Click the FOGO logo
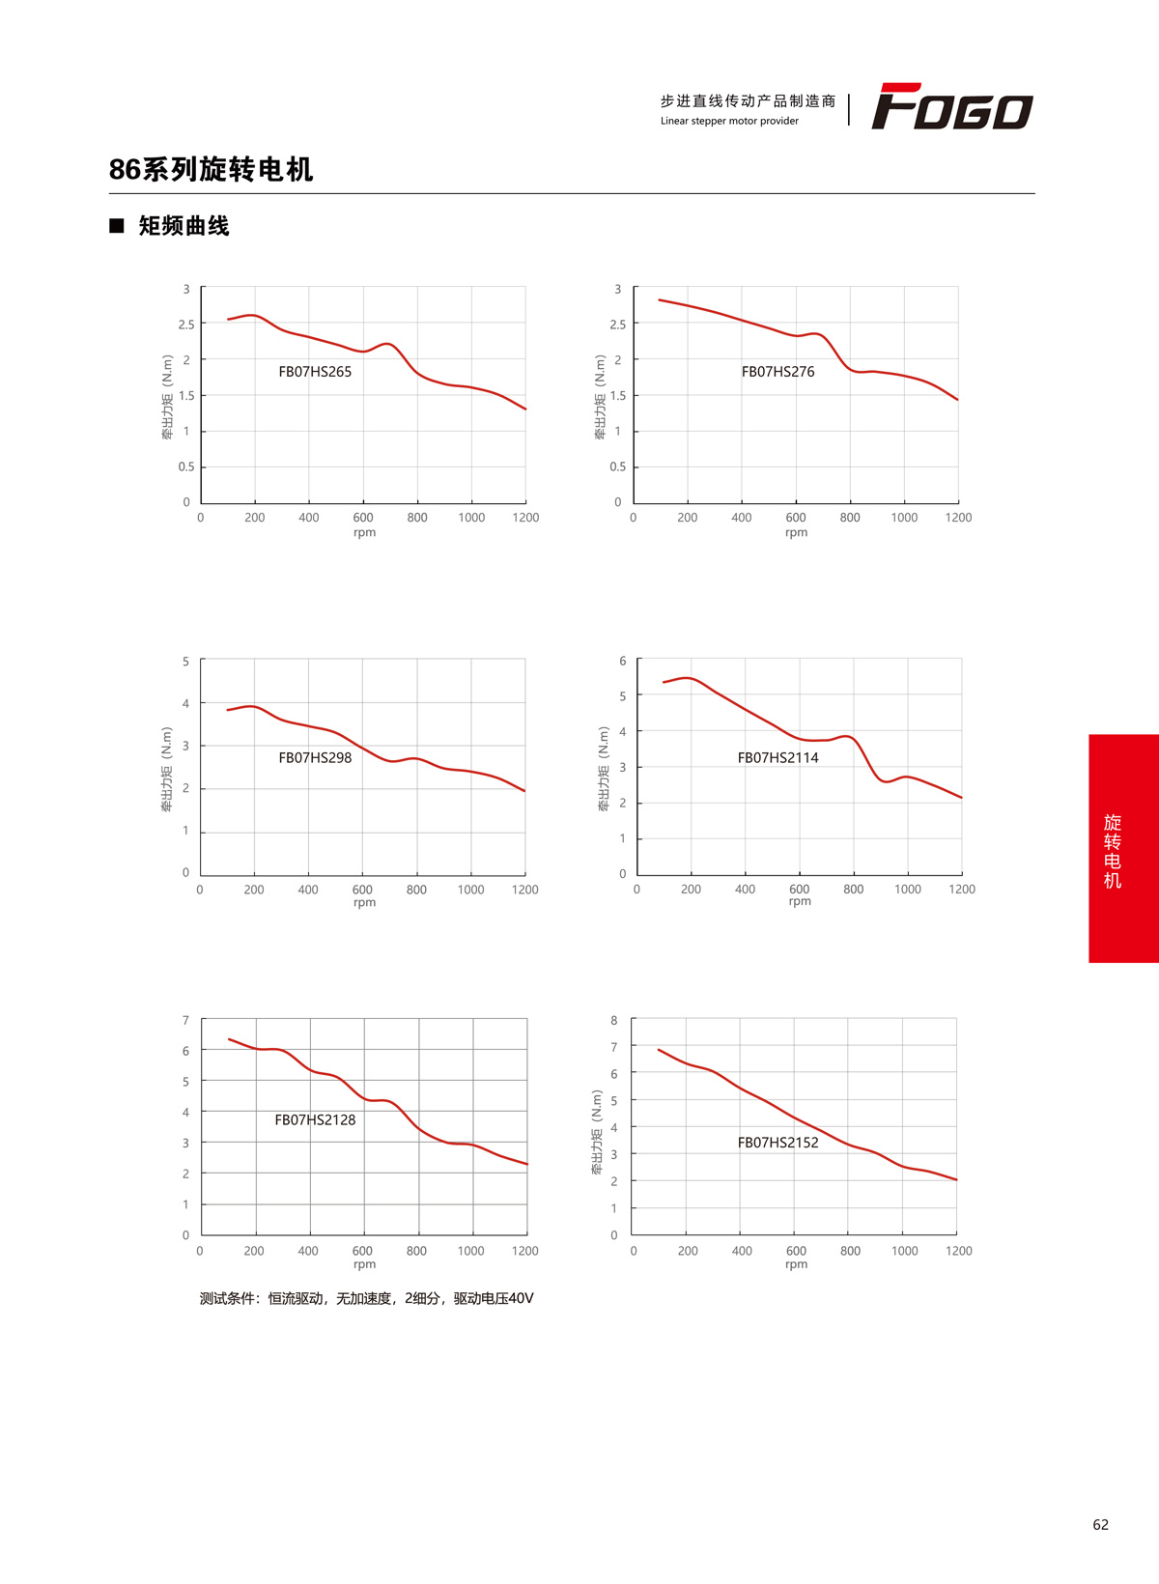(952, 106)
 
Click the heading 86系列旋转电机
(211, 170)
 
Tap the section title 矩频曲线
(184, 226)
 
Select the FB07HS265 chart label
(315, 372)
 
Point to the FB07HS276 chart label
(777, 372)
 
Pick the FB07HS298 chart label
(315, 758)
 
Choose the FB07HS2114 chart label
(777, 758)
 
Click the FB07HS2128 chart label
(315, 1120)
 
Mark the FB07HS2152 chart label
(777, 1143)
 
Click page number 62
(1100, 1525)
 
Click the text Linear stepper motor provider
(729, 122)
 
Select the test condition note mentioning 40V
(366, 1299)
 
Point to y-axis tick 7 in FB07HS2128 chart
(186, 1021)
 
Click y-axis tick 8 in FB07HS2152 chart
(614, 1021)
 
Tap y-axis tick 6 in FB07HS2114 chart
(623, 662)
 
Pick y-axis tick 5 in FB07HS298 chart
(186, 662)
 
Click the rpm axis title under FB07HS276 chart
(796, 533)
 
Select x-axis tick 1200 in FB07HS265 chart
(525, 518)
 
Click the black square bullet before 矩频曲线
(117, 226)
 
